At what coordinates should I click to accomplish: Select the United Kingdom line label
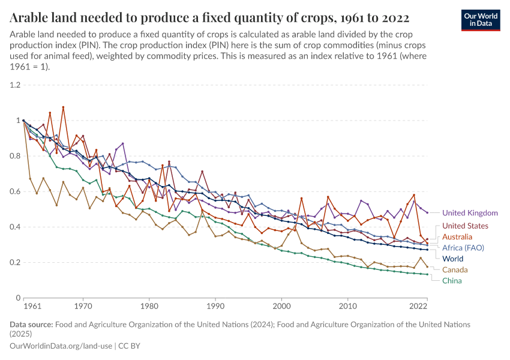(470, 213)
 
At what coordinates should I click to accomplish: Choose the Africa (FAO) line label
(463, 247)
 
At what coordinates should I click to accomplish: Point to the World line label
(453, 258)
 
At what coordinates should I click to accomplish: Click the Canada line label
(455, 270)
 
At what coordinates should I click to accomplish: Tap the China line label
(452, 281)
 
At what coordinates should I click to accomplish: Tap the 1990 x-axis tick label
(215, 307)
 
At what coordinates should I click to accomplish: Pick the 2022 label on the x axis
(418, 307)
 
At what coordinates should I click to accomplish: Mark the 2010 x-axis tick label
(348, 307)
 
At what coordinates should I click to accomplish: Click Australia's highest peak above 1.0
(63, 107)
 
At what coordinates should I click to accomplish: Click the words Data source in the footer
(31, 324)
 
